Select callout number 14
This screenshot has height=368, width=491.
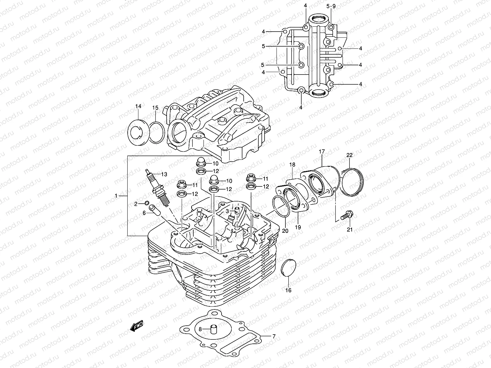[138, 106]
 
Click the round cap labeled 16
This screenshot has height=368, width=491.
[288, 268]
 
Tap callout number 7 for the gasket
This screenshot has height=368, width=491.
[274, 336]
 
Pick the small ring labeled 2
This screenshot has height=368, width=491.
[147, 203]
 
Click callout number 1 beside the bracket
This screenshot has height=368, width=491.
[116, 195]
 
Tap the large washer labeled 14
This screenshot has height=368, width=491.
[137, 132]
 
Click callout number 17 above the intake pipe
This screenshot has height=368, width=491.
[322, 151]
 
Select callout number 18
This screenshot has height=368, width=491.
[292, 165]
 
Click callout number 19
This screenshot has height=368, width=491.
[298, 227]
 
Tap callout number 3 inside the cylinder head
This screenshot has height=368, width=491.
[227, 211]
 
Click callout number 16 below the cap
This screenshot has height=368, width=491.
[288, 290]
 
